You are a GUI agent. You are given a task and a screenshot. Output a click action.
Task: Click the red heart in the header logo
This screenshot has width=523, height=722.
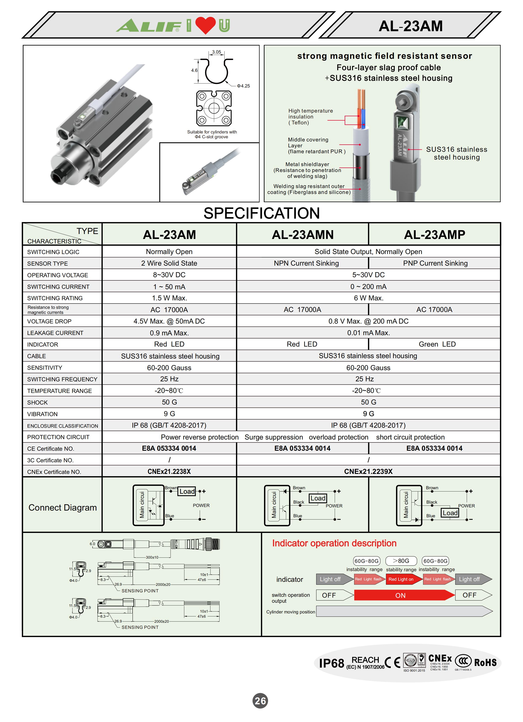click(205, 25)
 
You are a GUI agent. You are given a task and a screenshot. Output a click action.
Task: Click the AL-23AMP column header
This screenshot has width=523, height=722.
click(434, 235)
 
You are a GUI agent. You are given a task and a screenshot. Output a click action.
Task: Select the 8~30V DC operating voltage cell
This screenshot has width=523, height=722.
click(169, 275)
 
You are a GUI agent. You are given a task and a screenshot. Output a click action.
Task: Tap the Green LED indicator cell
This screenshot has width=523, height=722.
click(437, 344)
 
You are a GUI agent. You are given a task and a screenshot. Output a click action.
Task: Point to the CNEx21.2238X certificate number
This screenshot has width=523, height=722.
click(169, 472)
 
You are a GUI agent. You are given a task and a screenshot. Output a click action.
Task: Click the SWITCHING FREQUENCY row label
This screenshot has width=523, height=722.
click(62, 379)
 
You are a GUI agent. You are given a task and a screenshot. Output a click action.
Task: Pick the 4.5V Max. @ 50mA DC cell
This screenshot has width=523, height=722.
click(169, 321)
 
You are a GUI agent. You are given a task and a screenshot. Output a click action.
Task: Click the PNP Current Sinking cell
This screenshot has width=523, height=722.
click(435, 263)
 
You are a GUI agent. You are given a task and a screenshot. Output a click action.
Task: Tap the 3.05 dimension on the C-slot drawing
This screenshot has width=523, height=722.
click(217, 52)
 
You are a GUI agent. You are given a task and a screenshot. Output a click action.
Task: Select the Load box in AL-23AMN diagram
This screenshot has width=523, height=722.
click(318, 498)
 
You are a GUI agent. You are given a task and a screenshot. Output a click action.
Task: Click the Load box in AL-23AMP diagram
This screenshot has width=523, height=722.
click(450, 513)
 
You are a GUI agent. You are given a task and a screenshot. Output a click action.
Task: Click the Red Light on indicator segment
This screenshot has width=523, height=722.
click(401, 579)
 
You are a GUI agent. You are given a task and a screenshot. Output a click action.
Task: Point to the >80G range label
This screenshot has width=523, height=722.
click(401, 561)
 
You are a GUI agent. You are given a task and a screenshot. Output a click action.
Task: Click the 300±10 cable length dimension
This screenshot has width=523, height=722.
click(152, 557)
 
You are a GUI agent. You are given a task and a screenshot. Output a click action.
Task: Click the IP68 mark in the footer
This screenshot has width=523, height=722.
click(331, 663)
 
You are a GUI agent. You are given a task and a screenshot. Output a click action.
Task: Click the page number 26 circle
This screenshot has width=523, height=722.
click(260, 701)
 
